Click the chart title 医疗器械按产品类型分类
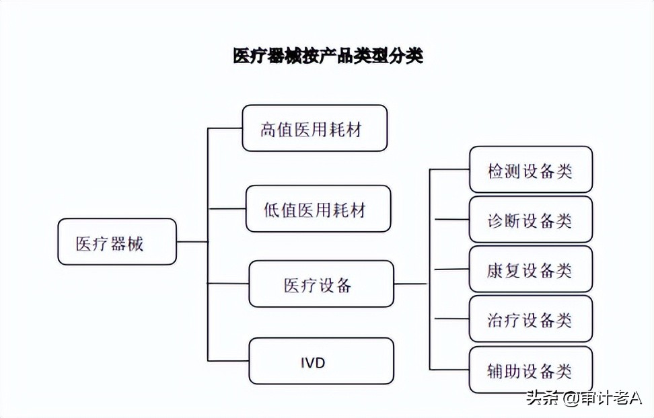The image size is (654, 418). pyautogui.click(x=328, y=56)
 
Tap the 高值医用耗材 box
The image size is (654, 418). pyautogui.click(x=314, y=128)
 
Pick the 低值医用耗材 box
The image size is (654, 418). pyautogui.click(x=318, y=209)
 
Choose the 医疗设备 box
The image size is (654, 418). pyautogui.click(x=321, y=284)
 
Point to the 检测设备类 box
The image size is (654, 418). pyautogui.click(x=530, y=170)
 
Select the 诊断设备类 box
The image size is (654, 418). pyautogui.click(x=530, y=219)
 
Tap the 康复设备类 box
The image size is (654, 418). pyautogui.click(x=530, y=269)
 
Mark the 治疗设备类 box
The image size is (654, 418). pyautogui.click(x=530, y=319)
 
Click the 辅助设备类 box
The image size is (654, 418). pyautogui.click(x=530, y=370)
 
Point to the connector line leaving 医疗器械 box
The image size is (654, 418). pyautogui.click(x=192, y=242)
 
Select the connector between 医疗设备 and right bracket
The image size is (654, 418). pyautogui.click(x=410, y=284)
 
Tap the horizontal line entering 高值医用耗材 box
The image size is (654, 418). pyautogui.click(x=225, y=128)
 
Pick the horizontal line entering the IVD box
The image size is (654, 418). pyautogui.click(x=228, y=361)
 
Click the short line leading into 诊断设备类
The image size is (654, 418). pyautogui.click(x=451, y=219)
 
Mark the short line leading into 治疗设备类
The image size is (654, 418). pyautogui.click(x=451, y=319)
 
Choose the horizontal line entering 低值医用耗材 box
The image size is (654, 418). pyautogui.click(x=227, y=209)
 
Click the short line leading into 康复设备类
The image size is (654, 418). pyautogui.click(x=451, y=269)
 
